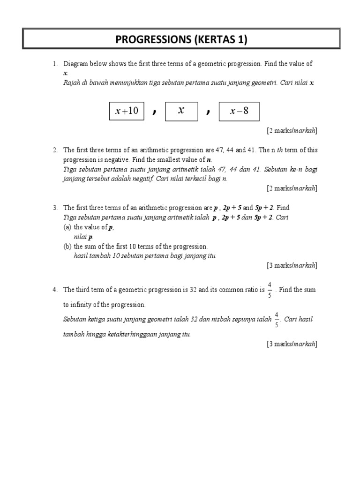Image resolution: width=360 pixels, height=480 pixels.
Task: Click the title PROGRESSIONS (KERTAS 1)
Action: [x=181, y=40]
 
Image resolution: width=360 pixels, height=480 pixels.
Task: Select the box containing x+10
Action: [x=127, y=111]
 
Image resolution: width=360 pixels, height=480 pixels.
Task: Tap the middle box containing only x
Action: [x=181, y=111]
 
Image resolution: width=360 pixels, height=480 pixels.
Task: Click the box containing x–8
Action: [x=239, y=112]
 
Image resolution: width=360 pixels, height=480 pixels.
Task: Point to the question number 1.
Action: [x=55, y=64]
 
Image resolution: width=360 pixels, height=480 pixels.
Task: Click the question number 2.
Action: [x=55, y=150]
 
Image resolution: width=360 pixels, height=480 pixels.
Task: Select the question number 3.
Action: [x=55, y=207]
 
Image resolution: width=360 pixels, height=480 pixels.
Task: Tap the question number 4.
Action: [x=55, y=290]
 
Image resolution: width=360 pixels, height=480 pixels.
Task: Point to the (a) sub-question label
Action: [x=67, y=227]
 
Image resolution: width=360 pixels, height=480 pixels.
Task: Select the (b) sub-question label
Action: [x=67, y=246]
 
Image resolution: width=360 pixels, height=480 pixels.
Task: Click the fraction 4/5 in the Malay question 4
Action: [x=277, y=320]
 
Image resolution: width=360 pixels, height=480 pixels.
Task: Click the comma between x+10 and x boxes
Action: [x=154, y=112]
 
